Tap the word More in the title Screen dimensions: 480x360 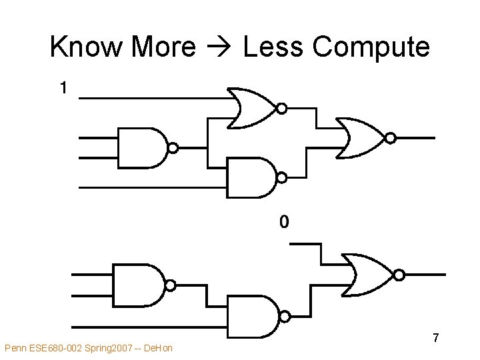(164, 47)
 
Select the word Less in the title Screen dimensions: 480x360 (271, 47)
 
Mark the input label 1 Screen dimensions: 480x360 (63, 87)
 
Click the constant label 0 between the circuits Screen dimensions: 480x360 (284, 221)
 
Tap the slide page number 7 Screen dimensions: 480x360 (435, 337)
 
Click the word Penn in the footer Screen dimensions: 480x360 (15, 348)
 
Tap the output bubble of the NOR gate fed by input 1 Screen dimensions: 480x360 (282, 108)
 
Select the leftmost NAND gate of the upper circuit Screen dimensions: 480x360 (142, 147)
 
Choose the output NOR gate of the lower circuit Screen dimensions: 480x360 (368, 274)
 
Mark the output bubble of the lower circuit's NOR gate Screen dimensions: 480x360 (399, 274)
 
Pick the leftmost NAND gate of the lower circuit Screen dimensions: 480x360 (138, 285)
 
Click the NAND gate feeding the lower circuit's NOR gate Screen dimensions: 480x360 (254, 315)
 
